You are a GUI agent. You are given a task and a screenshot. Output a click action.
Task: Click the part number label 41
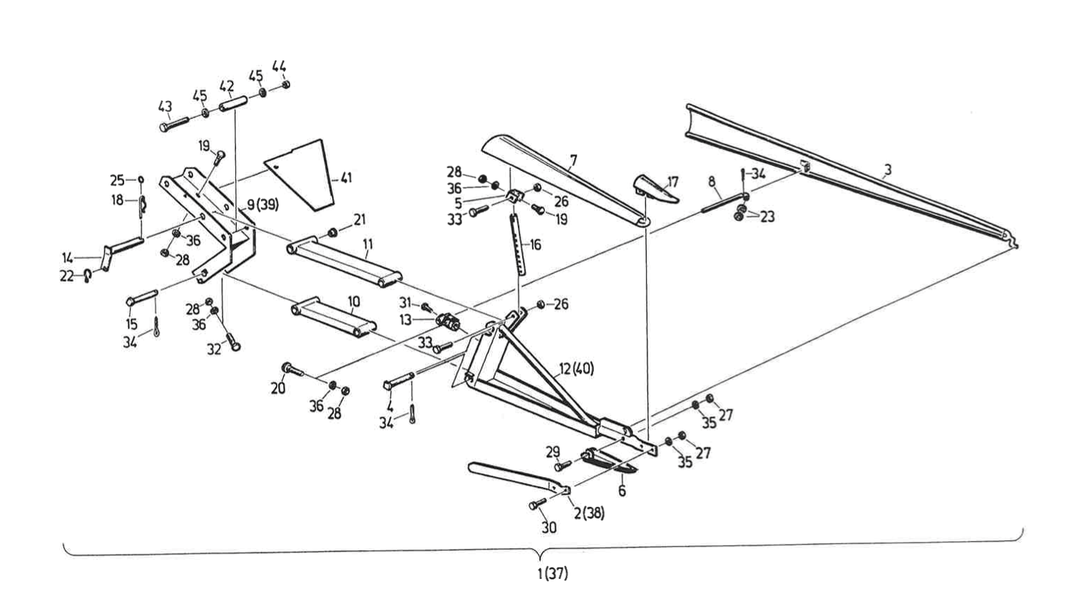click(346, 178)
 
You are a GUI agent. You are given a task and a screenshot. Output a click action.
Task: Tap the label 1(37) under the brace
click(553, 572)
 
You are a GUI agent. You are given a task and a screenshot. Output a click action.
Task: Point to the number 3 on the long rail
click(887, 170)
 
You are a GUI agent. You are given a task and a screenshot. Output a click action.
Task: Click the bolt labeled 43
click(173, 123)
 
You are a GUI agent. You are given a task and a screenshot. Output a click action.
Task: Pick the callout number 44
click(279, 66)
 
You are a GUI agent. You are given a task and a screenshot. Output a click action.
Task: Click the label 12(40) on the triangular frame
click(576, 369)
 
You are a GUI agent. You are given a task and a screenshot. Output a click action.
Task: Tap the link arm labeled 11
click(344, 262)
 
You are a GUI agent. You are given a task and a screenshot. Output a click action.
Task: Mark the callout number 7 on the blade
click(573, 160)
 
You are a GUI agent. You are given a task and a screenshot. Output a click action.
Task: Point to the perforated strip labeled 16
click(518, 242)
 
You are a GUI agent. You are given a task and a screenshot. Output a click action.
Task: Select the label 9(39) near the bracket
click(262, 205)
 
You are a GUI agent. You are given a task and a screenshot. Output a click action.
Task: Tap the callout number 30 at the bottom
click(548, 528)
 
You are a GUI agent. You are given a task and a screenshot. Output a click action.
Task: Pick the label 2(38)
click(589, 513)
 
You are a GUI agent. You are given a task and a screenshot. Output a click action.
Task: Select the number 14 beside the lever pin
click(67, 257)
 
